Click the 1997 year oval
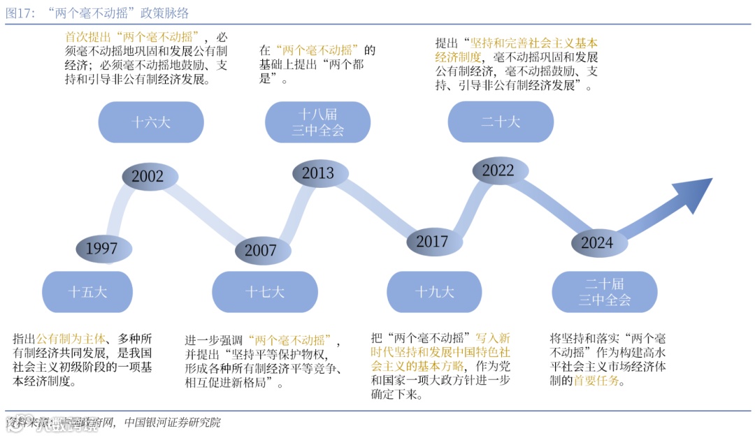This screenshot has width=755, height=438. pos(101,248)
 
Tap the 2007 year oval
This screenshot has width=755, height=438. pos(261,250)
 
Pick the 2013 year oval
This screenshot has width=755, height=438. pos(317,173)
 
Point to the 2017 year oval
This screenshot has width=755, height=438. pos(432,242)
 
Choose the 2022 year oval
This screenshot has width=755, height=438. pos(498,170)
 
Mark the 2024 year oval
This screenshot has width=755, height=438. pos(596,242)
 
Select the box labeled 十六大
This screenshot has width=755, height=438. pos(150,122)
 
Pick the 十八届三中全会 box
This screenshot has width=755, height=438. pos(317,122)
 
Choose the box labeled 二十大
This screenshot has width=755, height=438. pos(501,122)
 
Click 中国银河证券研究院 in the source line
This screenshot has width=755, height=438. pos(172,423)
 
